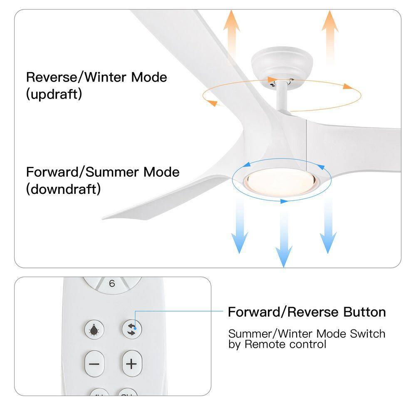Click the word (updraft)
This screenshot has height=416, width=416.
[54, 94]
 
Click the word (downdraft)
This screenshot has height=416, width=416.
[63, 189]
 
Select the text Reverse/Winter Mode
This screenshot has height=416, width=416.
[97, 77]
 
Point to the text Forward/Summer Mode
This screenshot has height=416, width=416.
[103, 172]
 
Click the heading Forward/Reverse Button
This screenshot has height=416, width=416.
[307, 312]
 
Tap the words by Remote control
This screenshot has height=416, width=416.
[277, 344]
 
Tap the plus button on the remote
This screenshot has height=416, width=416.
[131, 364]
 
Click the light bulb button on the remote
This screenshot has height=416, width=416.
[94, 329]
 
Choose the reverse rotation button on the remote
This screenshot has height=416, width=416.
[132, 329]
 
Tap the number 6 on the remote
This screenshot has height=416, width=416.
[111, 284]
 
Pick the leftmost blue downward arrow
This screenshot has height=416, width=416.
[240, 227]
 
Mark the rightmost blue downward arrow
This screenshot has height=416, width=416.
[328, 227]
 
